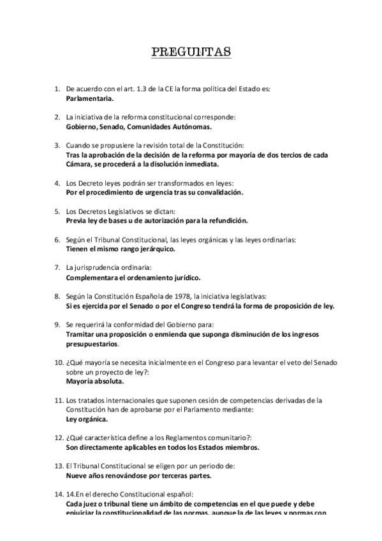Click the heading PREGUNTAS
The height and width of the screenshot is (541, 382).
[x=191, y=52]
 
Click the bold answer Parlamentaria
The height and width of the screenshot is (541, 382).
[x=90, y=99]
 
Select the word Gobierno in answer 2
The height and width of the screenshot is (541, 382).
[x=82, y=126]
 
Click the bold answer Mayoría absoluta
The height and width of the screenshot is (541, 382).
[x=95, y=381]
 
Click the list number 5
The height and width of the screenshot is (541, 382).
[x=57, y=210]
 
